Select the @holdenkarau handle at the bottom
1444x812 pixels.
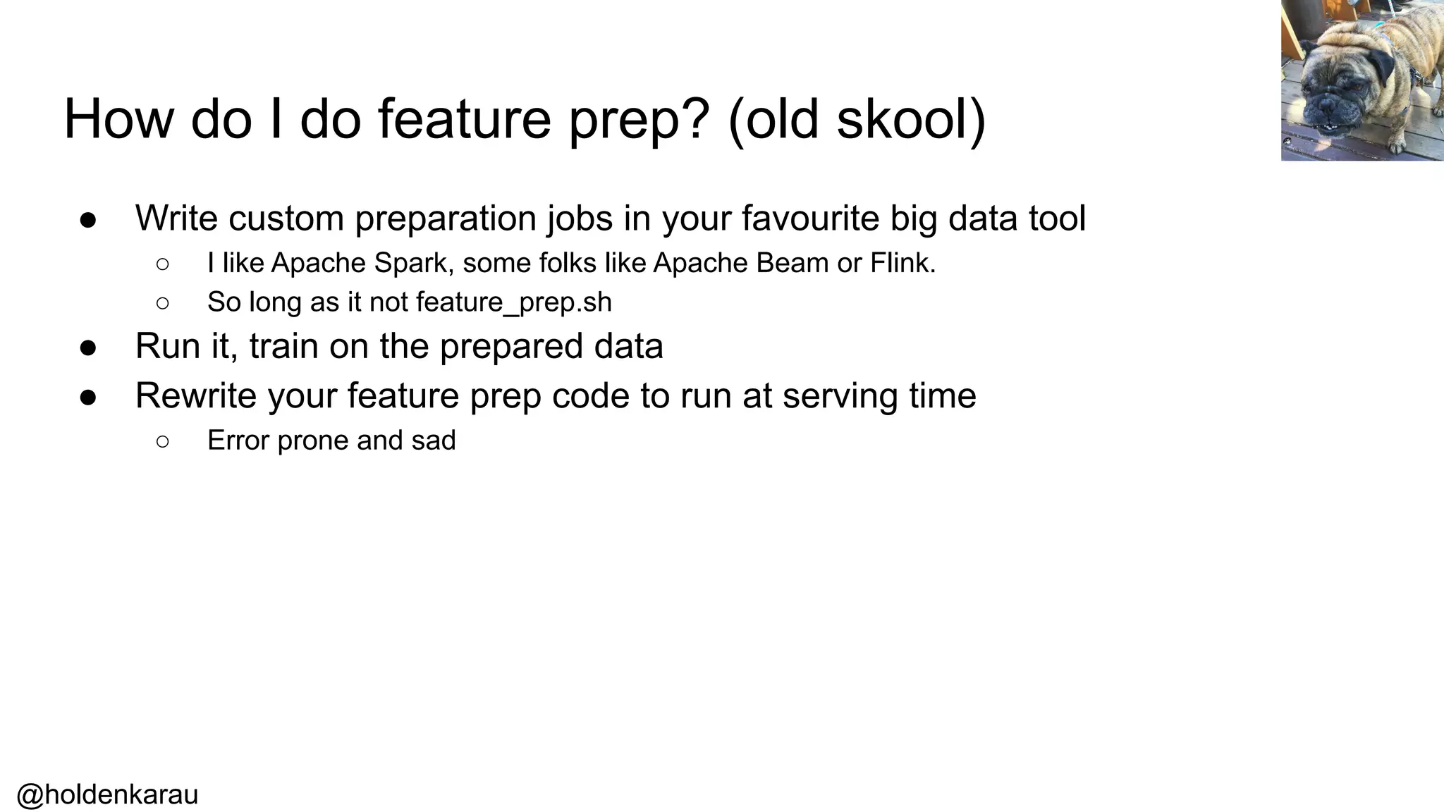(x=107, y=794)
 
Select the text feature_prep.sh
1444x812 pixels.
(x=514, y=302)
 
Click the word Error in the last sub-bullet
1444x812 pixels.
(x=238, y=441)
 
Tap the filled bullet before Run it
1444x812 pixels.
(x=88, y=347)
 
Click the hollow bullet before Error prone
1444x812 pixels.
(x=162, y=441)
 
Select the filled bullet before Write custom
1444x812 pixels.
(x=88, y=219)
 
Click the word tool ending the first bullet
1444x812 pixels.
(x=1057, y=218)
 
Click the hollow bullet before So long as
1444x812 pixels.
(x=162, y=303)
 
